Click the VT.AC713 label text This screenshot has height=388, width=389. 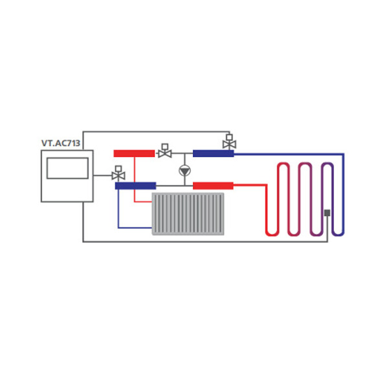tap(61, 143)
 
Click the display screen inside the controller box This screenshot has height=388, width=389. tap(67, 168)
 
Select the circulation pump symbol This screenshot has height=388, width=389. tap(185, 171)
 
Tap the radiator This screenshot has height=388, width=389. tap(188, 213)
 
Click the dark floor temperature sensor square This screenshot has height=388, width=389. tap(328, 213)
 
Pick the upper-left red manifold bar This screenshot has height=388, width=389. tap(134, 153)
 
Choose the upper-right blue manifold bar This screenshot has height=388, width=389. tap(214, 153)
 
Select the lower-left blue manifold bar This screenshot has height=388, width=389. tap(135, 186)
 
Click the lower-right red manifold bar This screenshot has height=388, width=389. tap(213, 186)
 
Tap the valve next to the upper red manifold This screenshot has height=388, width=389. tap(165, 151)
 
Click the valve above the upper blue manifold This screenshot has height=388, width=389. tap(230, 142)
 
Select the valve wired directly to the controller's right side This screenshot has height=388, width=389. tap(118, 173)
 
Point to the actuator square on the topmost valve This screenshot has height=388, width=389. tap(230, 137)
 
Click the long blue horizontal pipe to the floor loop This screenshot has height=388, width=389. tap(289, 154)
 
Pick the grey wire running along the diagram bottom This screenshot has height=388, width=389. tap(205, 241)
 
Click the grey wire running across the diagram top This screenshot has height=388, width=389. tap(156, 132)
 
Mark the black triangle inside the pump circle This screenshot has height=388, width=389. tap(185, 171)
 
